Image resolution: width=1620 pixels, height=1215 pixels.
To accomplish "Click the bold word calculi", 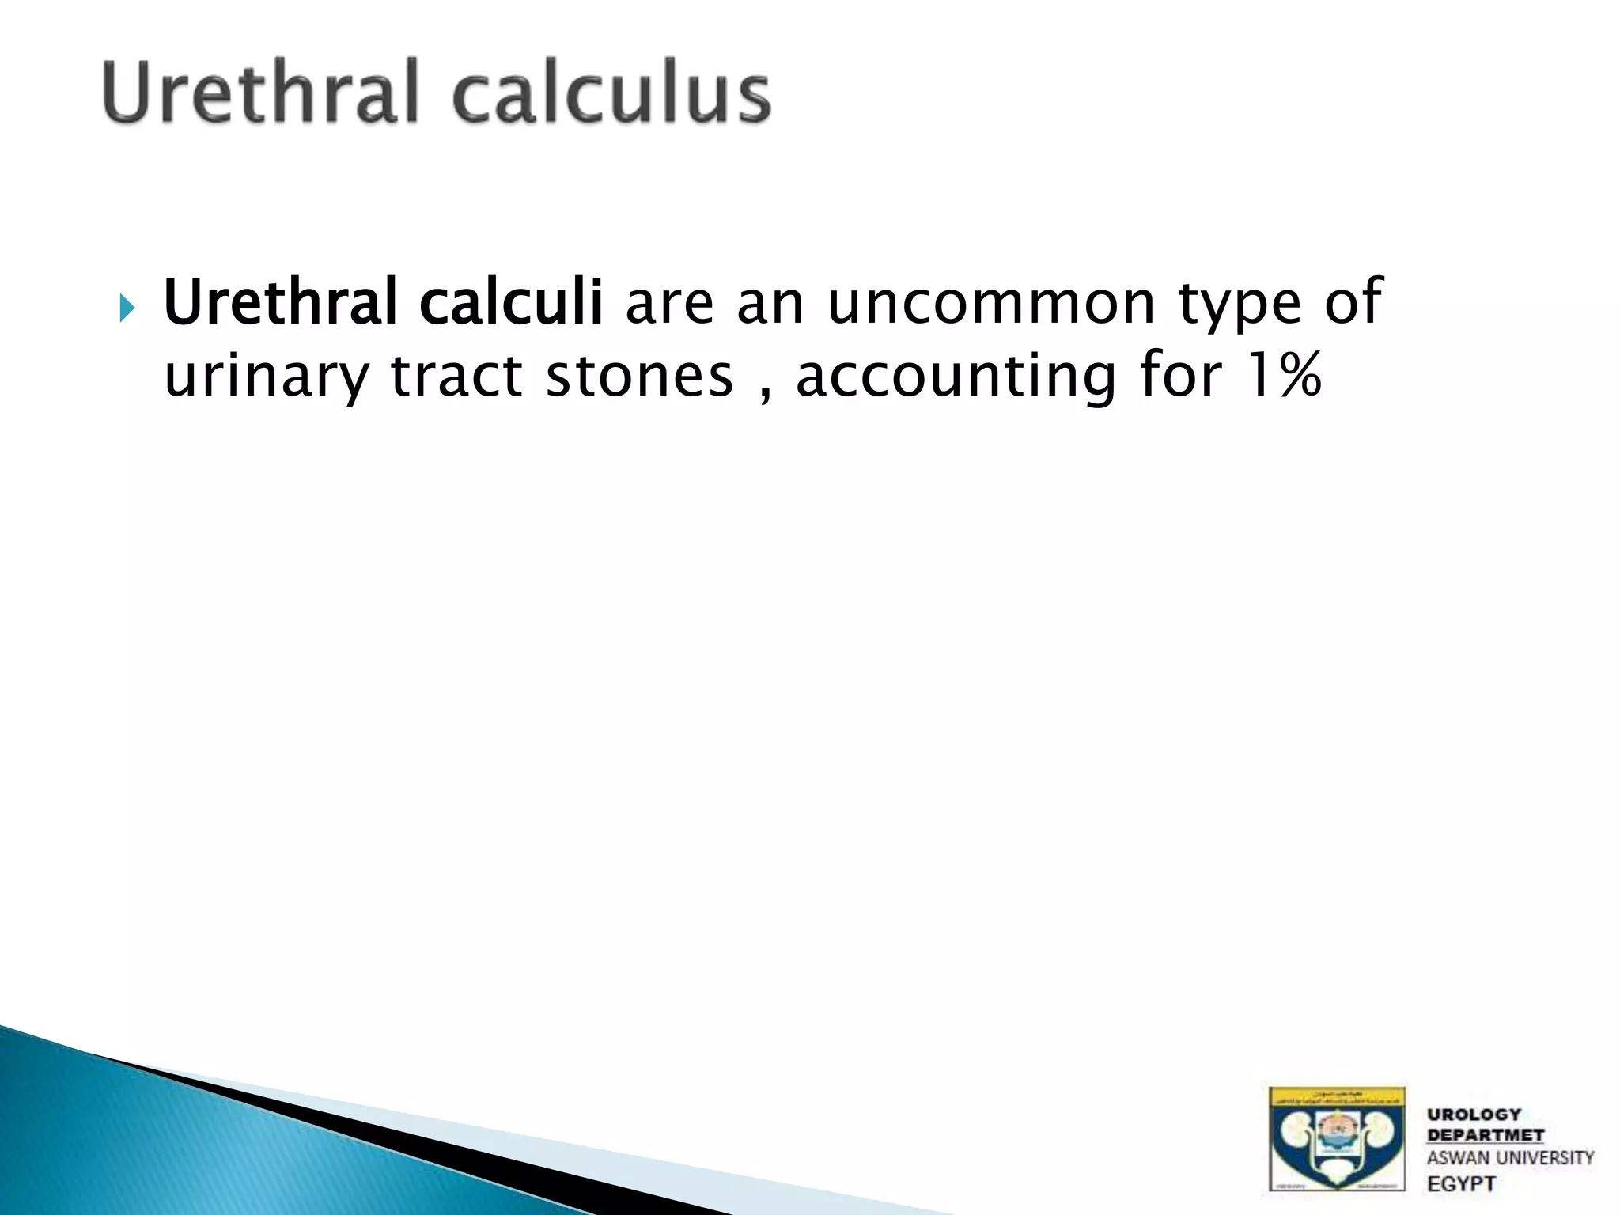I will tap(511, 303).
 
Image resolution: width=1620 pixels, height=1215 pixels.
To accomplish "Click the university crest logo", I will tap(1337, 1138).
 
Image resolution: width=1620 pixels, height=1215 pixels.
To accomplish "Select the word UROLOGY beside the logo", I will tap(1474, 1115).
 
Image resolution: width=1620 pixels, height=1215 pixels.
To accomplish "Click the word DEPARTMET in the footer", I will tap(1486, 1135).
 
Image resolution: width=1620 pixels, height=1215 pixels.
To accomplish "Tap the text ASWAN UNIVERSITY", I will tap(1510, 1158).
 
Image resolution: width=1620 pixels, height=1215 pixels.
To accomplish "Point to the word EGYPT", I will tap(1462, 1184).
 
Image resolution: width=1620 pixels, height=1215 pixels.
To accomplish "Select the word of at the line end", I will tap(1353, 303).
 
